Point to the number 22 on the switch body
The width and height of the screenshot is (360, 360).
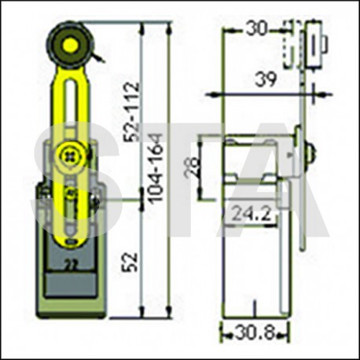(71, 264)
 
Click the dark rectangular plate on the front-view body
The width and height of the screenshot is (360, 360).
(70, 281)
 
